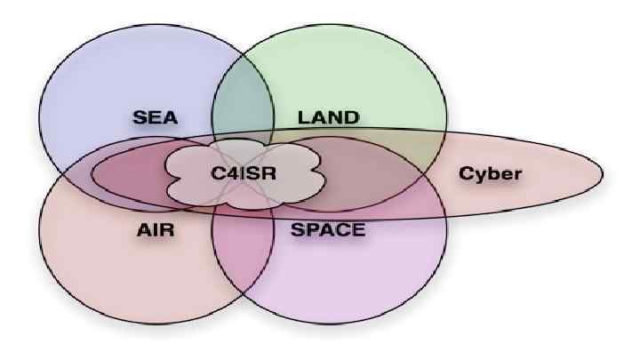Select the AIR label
coord(155,230)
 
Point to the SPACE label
coord(328,230)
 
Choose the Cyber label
coord(490,172)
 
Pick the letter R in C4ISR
coord(269,172)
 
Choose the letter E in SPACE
coord(357,230)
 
